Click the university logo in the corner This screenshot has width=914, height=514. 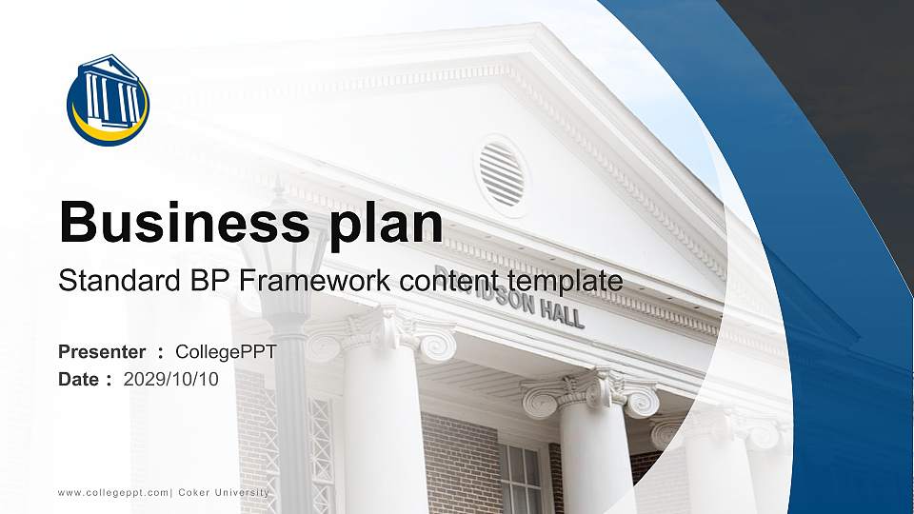108,99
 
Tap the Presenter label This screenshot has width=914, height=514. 102,352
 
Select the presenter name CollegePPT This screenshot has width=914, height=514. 227,352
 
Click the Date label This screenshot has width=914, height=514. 79,379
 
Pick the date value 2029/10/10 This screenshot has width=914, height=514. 171,379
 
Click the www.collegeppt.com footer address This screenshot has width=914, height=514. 113,492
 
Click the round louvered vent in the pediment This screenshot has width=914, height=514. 501,174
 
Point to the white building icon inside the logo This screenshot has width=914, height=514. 109,92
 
